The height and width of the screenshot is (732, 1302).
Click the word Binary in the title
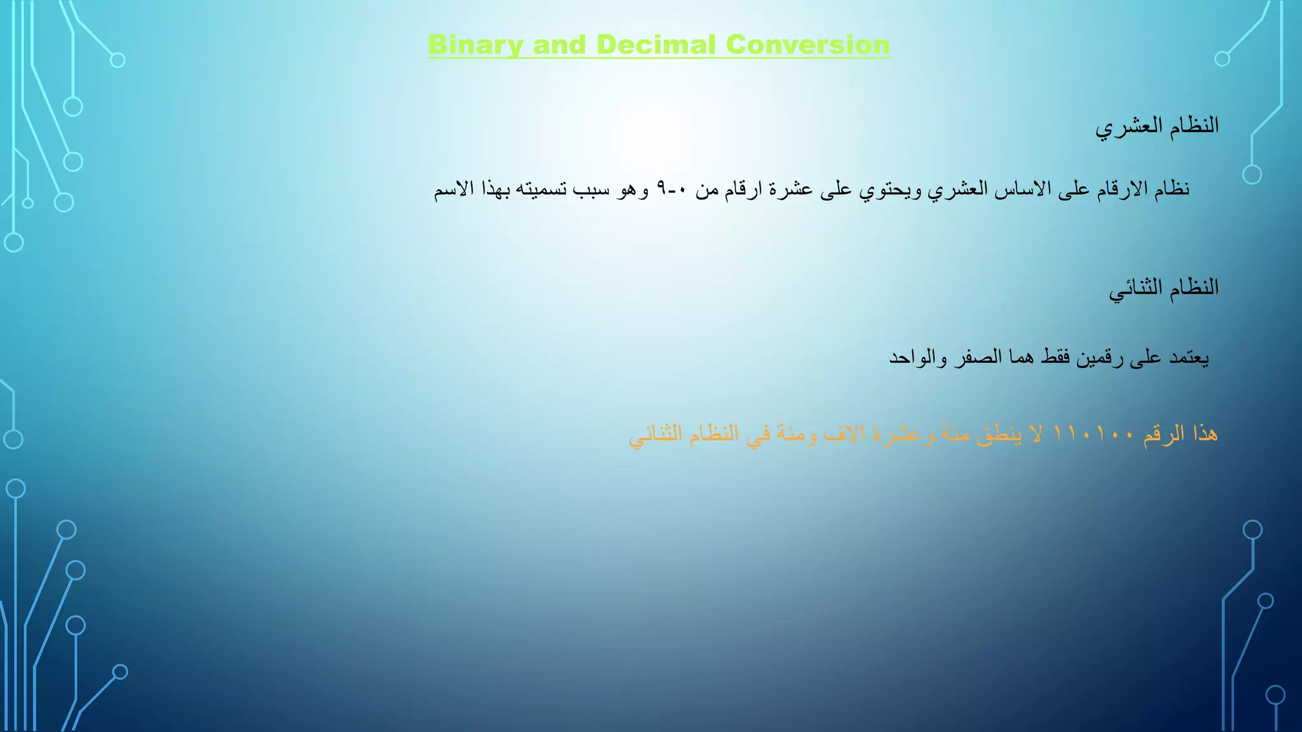(x=475, y=45)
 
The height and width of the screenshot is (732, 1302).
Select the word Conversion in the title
(x=807, y=45)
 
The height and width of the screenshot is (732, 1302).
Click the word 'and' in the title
(x=559, y=45)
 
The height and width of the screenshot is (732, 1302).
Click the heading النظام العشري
(x=1156, y=126)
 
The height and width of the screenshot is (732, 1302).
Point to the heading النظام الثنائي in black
(x=1163, y=288)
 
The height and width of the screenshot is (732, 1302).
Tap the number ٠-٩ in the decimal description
(x=671, y=189)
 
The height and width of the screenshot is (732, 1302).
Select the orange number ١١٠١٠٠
(x=1093, y=435)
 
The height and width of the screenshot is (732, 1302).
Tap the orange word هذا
(x=1205, y=435)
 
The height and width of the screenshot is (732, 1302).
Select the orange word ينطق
(x=998, y=435)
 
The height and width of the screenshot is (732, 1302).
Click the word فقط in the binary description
(x=1056, y=358)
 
